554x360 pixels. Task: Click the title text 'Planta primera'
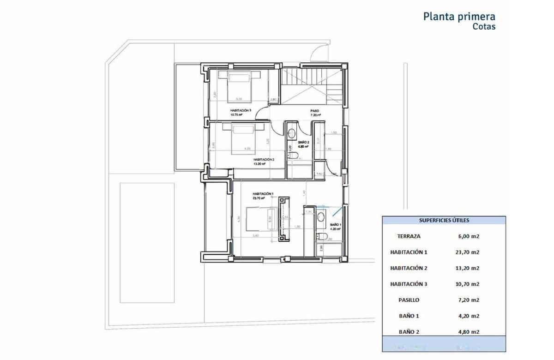459,17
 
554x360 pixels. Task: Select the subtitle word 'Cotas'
484,27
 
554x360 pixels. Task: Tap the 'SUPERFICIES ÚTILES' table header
444,221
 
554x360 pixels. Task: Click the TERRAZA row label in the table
409,236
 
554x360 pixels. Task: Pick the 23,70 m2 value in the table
467,252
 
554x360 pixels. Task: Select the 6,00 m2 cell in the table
467,236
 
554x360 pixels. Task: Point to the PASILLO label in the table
409,300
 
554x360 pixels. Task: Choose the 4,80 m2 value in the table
467,331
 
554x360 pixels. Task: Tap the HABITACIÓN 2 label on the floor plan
264,160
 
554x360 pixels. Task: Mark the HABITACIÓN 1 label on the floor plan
263,194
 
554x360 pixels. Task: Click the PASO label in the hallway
315,111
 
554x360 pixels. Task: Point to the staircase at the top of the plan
312,83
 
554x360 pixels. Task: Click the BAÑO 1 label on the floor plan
335,224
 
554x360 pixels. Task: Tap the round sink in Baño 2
292,133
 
